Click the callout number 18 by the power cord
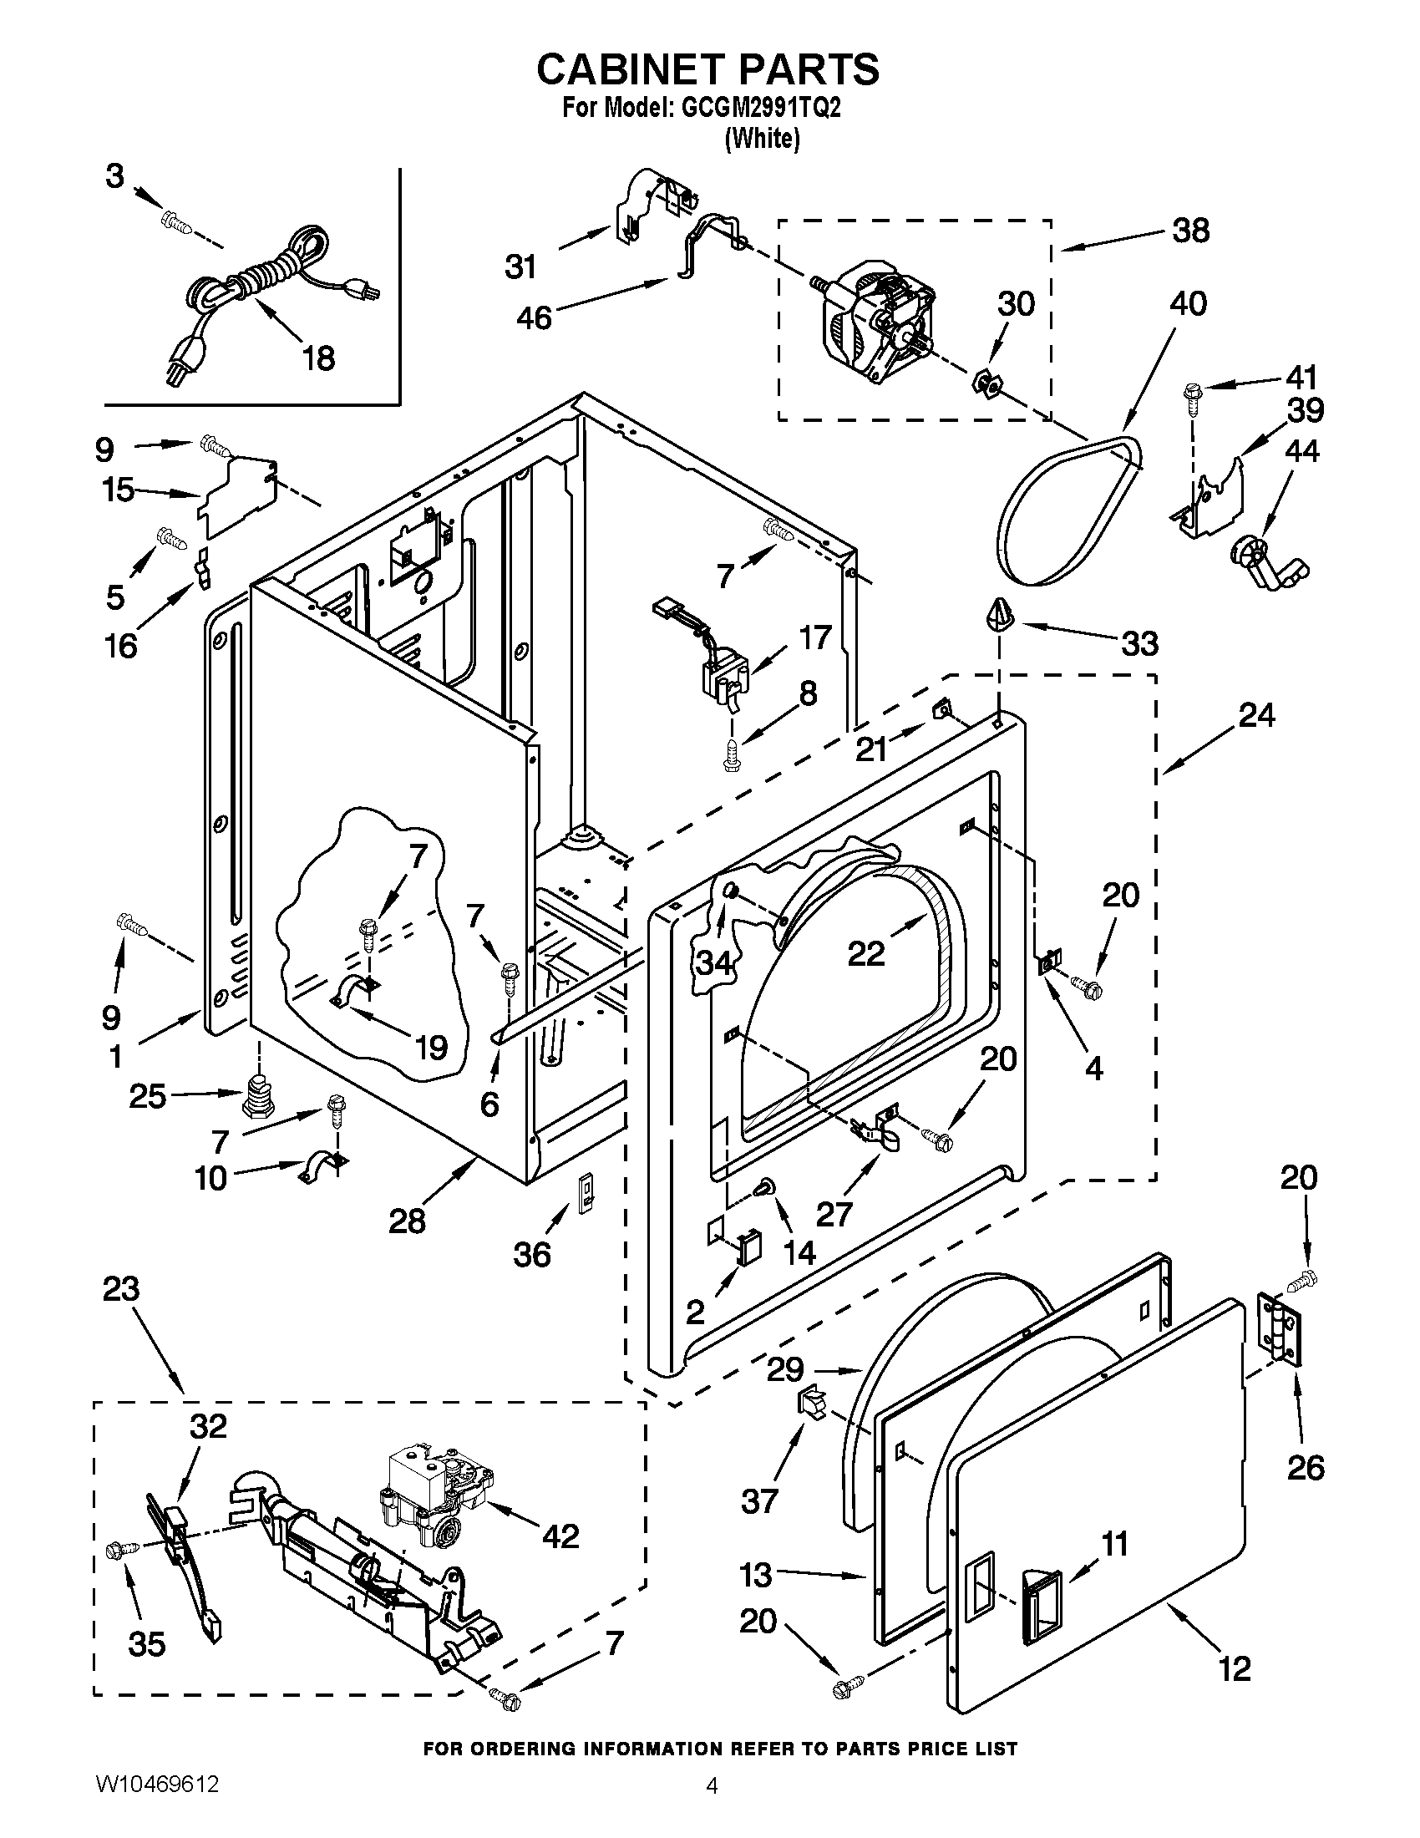tap(319, 358)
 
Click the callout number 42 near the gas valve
tap(560, 1536)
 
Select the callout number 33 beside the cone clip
tap(1140, 644)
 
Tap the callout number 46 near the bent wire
tap(534, 318)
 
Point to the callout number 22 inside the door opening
tap(866, 953)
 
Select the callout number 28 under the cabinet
tap(407, 1221)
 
